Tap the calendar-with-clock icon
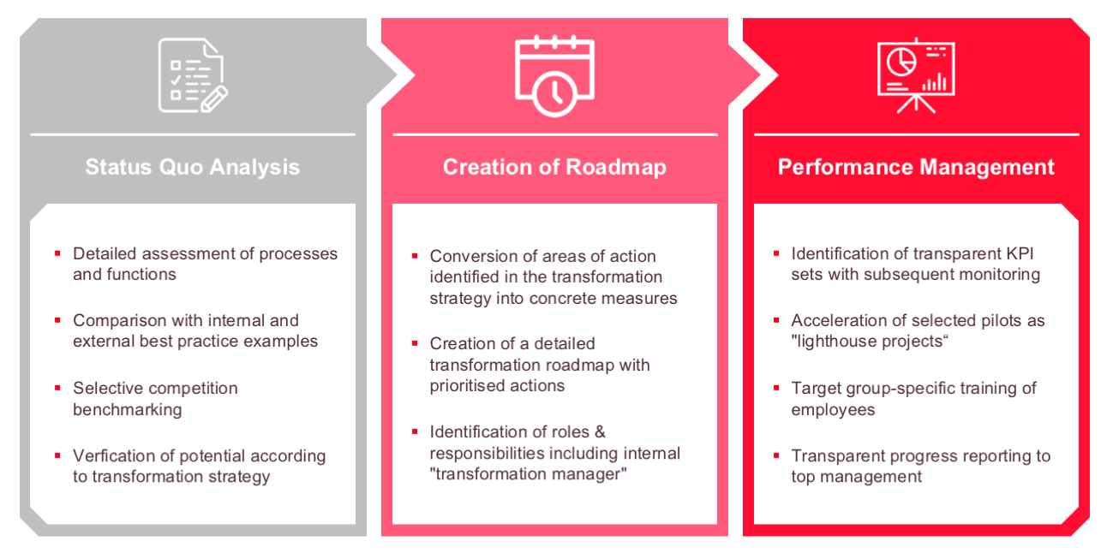pos(554,74)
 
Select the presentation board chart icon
pos(916,74)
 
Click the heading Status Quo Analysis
pos(193,166)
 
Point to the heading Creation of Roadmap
pos(554,167)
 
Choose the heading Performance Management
pos(916,167)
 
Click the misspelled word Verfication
pos(114,455)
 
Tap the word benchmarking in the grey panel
pos(128,409)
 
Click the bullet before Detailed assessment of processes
pos(57,253)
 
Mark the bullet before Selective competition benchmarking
pos(57,388)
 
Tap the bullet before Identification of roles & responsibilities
pos(415,431)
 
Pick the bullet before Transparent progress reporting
pos(776,455)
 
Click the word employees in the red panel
pos(833,409)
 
